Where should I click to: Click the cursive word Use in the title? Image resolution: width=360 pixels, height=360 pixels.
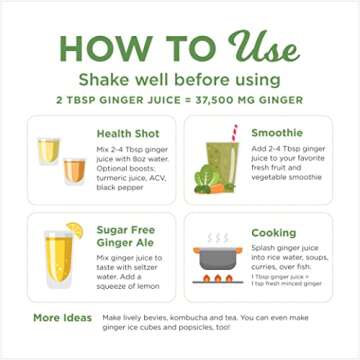(x=263, y=44)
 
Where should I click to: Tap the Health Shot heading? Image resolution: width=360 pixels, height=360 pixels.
(x=130, y=133)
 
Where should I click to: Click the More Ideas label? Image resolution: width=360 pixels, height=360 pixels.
(x=62, y=318)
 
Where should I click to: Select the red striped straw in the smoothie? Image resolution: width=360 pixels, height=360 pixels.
(x=233, y=132)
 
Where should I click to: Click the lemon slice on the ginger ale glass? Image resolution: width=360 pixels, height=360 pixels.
(x=75, y=231)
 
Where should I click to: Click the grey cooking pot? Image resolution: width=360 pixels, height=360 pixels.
(x=217, y=257)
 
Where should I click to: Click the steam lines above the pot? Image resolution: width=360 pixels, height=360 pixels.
(x=217, y=238)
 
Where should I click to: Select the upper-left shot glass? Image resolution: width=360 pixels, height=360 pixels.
(x=47, y=149)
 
